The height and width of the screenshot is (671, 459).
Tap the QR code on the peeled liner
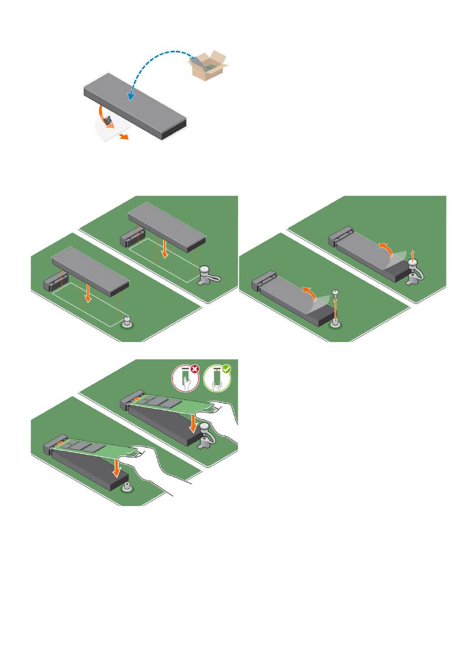(108, 121)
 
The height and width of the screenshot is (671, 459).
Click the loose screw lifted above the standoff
(335, 294)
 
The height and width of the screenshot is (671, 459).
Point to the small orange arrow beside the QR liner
(124, 137)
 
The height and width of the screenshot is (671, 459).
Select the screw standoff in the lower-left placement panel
(127, 322)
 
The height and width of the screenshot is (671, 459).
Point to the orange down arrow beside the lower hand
(117, 468)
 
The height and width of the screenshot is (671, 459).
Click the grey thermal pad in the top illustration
(135, 104)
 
